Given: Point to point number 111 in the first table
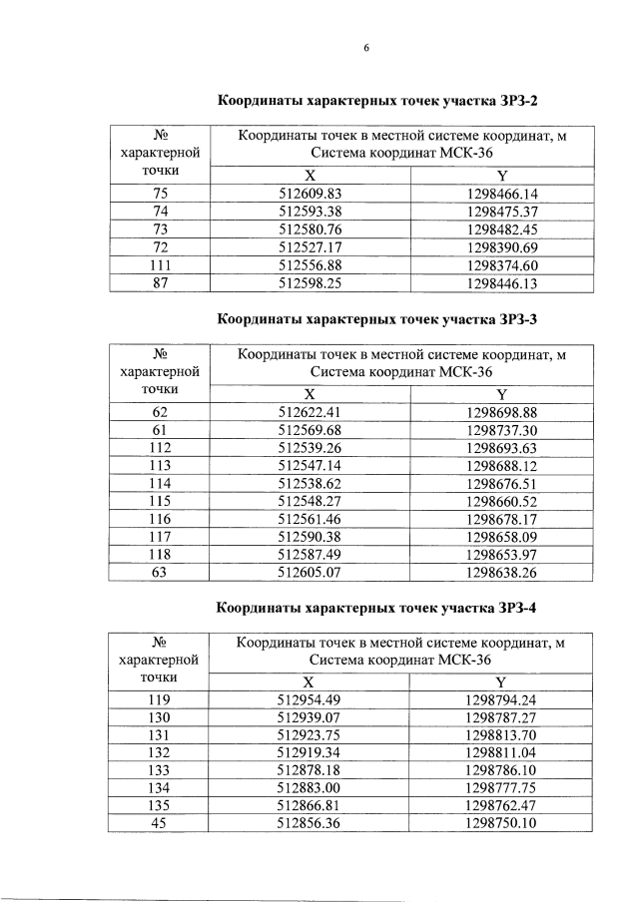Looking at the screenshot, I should point(160,265).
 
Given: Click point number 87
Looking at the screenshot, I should point(160,283).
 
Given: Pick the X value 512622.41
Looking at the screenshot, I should point(310,412).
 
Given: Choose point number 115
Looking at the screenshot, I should point(160,502).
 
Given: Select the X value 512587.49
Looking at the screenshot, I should point(310,556).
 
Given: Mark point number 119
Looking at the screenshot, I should point(160,698).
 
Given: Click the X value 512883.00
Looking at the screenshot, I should point(310,788).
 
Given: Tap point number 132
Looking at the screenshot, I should point(160,752).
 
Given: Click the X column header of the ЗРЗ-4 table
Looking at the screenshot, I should point(310,680).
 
